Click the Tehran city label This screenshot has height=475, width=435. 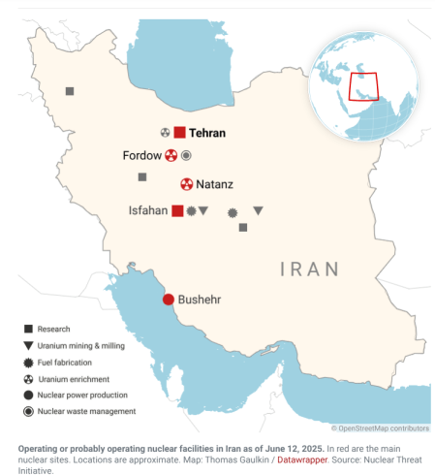[x=206, y=133]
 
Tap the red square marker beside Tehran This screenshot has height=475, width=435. [x=179, y=133]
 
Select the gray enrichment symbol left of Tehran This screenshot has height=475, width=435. [x=166, y=132]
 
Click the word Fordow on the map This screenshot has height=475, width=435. [x=141, y=155]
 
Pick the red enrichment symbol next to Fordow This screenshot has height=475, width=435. [x=171, y=155]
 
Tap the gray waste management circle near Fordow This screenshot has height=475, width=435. [x=186, y=155]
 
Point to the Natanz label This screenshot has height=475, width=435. [x=214, y=184]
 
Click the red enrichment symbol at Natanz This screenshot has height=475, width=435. [x=186, y=184]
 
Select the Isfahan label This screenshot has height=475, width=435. [x=149, y=210]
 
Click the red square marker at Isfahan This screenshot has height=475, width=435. [x=177, y=210]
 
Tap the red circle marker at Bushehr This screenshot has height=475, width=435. [x=168, y=300]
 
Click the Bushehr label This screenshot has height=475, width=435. [x=200, y=300]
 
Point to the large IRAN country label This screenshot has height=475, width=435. [x=310, y=269]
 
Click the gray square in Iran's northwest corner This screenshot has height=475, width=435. [x=70, y=91]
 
